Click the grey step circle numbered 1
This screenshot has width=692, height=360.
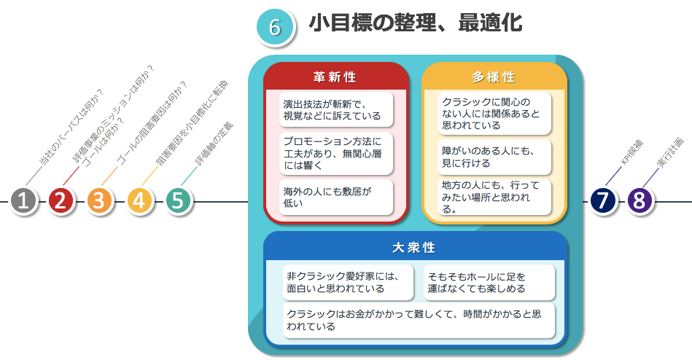23,200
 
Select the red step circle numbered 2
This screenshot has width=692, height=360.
61,200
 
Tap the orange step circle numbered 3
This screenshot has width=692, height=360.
99,200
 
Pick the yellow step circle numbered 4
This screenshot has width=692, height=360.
139,200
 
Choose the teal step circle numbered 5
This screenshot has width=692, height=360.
178,200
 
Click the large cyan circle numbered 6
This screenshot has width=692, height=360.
275,27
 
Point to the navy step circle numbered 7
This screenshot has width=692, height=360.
603,200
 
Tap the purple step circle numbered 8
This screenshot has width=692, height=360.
639,200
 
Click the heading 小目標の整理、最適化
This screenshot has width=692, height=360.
416,23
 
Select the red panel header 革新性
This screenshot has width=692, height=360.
335,77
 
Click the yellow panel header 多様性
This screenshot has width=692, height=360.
494,77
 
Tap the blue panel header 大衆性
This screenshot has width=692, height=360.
414,247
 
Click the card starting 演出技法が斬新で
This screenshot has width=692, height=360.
336,109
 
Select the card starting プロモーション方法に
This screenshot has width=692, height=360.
336,153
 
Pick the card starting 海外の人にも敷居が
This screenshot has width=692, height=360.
336,197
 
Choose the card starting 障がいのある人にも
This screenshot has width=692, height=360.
494,157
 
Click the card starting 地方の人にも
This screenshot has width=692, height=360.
494,197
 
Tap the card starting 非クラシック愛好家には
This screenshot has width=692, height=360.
349,282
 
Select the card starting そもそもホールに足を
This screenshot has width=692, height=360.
489,282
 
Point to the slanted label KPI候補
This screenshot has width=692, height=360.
631,152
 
